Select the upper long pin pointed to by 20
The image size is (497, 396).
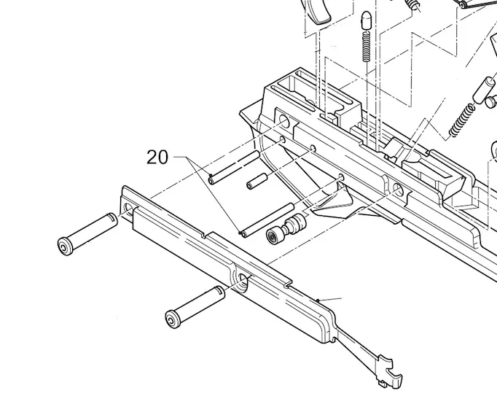coord(232,168)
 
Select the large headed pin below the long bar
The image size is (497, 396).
coord(194,306)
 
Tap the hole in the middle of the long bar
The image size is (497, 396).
coord(240,278)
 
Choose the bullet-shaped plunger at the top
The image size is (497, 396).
coord(364,21)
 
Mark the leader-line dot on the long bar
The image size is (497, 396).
coord(319,299)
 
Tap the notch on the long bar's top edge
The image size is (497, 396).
coord(207,236)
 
